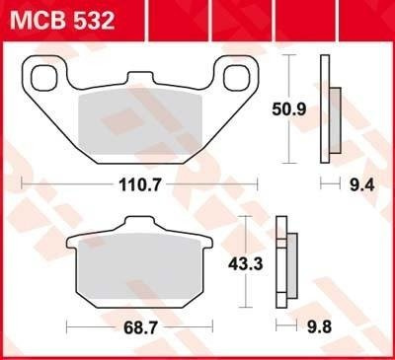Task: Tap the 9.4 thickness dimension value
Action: point(348,182)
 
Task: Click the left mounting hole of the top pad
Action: point(44,77)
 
